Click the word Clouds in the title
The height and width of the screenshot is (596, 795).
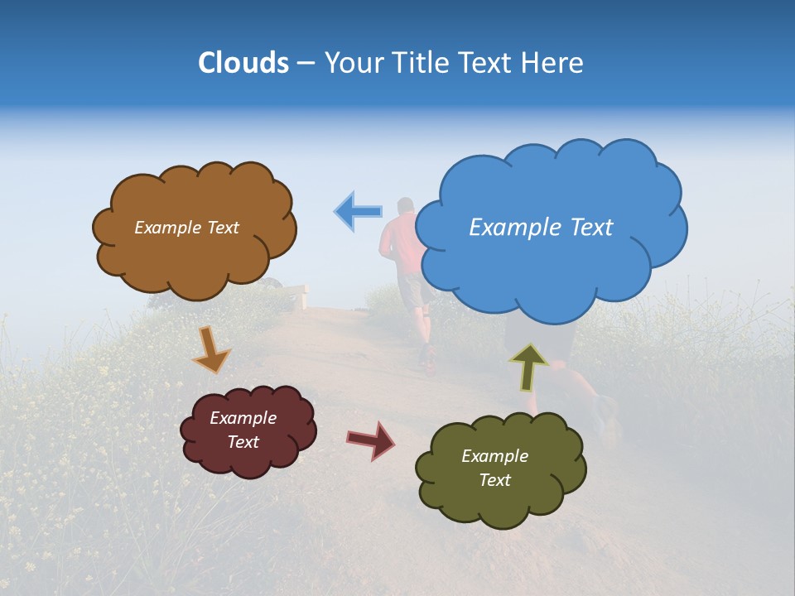point(243,63)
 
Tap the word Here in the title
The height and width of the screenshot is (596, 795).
point(553,63)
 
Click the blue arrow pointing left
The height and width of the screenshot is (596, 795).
point(358,211)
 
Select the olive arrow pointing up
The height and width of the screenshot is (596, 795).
point(529,367)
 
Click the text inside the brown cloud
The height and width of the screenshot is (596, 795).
point(186,228)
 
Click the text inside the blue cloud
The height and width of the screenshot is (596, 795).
point(541,228)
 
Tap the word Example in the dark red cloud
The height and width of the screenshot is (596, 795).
point(243,418)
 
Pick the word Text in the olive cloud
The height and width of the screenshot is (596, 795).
point(494,480)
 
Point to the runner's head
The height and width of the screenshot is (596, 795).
point(405,205)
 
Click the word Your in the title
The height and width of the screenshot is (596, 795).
point(350,63)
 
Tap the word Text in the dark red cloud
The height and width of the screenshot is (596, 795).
point(243,442)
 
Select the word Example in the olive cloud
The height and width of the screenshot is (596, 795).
point(494,456)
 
